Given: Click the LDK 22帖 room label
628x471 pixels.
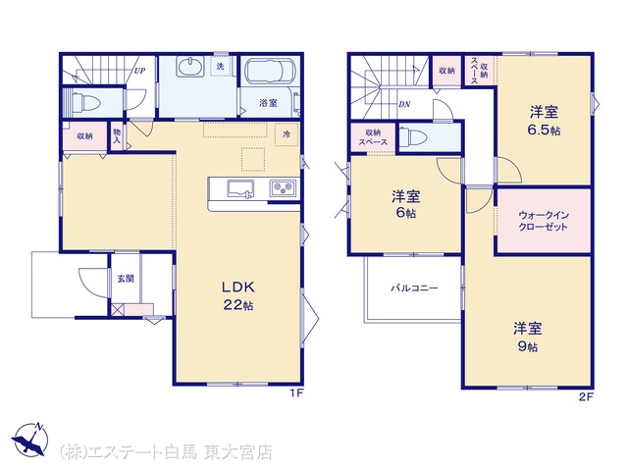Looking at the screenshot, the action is click(x=237, y=296).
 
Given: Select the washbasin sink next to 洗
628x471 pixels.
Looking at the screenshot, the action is click(x=190, y=66).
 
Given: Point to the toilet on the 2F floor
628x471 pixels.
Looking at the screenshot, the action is click(x=413, y=136).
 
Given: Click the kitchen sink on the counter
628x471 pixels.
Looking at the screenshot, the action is click(x=240, y=188).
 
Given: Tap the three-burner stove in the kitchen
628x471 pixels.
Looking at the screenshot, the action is click(x=283, y=187).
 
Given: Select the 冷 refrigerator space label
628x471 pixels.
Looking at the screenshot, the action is click(x=287, y=134).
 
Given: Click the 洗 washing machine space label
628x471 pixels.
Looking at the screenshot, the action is click(x=220, y=67).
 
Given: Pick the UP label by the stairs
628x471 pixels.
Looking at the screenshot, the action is click(x=139, y=71).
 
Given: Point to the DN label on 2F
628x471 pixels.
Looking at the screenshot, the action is click(x=404, y=104).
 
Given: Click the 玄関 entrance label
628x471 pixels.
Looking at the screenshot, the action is click(x=126, y=279).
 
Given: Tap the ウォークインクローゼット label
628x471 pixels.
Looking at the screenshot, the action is click(x=543, y=221).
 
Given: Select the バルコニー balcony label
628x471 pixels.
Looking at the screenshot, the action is click(x=414, y=288).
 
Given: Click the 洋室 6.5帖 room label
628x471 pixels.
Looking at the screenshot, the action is click(x=545, y=121).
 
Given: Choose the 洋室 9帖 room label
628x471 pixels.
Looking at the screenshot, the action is click(x=528, y=337).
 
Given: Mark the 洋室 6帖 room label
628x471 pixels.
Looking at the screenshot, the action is click(x=405, y=204).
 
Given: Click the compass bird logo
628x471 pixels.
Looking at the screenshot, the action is click(x=29, y=440).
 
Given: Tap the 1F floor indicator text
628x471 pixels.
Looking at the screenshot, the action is click(x=296, y=393).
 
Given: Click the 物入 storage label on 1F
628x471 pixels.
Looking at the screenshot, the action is click(x=117, y=135).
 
